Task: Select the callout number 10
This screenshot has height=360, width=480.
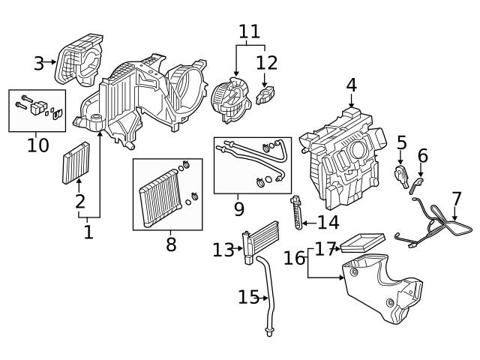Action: click(x=37, y=145)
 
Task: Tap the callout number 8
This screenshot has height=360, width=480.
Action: click(x=171, y=244)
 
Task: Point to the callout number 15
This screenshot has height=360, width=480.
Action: click(x=248, y=298)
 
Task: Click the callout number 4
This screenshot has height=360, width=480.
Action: click(x=351, y=86)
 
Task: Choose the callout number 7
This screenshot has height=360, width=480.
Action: click(x=456, y=199)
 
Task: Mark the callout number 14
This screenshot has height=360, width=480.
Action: click(x=328, y=222)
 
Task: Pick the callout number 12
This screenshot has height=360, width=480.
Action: click(x=266, y=62)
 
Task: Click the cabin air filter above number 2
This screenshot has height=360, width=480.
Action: click(x=75, y=162)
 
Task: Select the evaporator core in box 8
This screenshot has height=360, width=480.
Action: click(x=158, y=197)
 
